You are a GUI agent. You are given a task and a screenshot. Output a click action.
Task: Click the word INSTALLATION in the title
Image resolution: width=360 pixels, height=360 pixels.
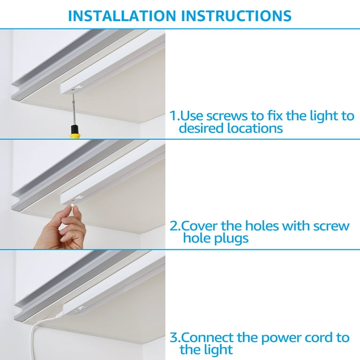coord(122,16)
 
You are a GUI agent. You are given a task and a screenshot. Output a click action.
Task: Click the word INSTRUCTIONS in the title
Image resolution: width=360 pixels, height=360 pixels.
coord(236,16)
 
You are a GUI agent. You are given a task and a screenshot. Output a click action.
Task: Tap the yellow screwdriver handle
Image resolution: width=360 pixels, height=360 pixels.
coord(75,132)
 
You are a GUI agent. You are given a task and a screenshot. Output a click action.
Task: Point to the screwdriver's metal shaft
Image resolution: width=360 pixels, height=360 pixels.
coord(74,110)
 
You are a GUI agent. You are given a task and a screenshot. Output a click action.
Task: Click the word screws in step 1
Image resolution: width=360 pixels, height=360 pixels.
coord(227,115)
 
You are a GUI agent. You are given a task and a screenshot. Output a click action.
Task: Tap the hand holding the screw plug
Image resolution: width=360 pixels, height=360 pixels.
coord(61,230)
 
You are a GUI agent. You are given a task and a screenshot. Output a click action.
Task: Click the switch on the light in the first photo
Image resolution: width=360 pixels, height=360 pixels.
coord(79,87)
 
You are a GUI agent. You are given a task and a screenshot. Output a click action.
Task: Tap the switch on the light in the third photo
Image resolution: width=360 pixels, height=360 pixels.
coord(82,308)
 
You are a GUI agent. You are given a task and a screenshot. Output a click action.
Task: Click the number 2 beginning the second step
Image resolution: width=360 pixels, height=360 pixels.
coord(174,226)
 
